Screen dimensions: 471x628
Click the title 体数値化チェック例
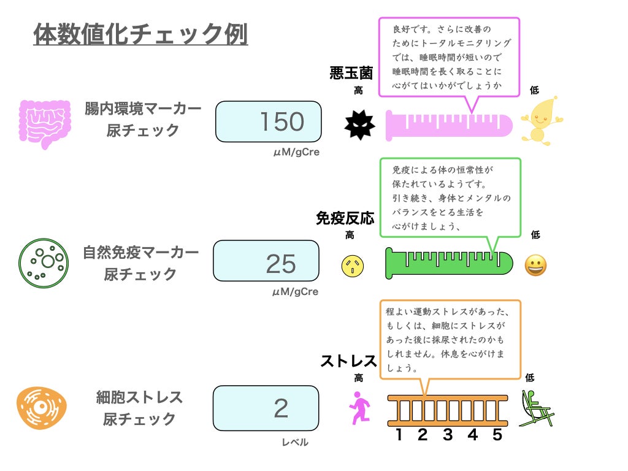coord(140,34)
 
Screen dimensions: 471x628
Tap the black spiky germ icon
coord(359,125)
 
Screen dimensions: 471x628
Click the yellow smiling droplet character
coord(539,120)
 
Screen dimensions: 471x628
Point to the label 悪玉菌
coord(351,74)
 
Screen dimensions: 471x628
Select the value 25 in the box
coord(281,264)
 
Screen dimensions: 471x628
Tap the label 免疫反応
coord(345,218)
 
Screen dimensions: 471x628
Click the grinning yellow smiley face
coord(535,266)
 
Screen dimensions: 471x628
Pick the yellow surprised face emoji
coord(353,265)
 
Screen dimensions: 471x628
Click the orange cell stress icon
coord(41,408)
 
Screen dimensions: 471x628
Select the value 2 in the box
coord(281,408)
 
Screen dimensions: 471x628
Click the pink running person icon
coord(360,408)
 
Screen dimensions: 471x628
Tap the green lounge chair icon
coord(536,408)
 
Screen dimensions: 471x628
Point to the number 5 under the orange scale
coord(497,435)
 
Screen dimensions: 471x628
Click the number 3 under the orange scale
coord(448,435)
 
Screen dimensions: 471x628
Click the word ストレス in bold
coord(348,361)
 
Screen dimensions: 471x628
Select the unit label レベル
coord(295,442)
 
